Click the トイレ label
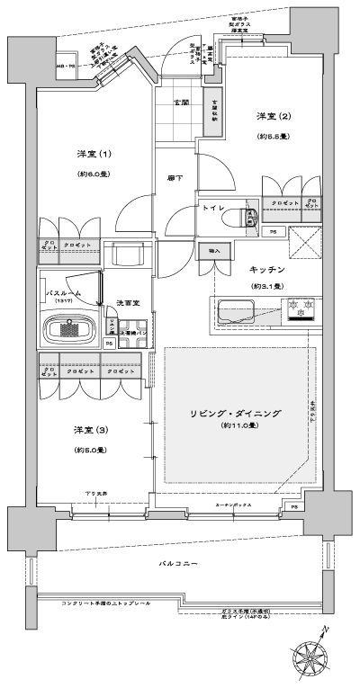212,208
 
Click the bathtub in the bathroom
73,329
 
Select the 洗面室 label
125,303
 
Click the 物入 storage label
213,250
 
